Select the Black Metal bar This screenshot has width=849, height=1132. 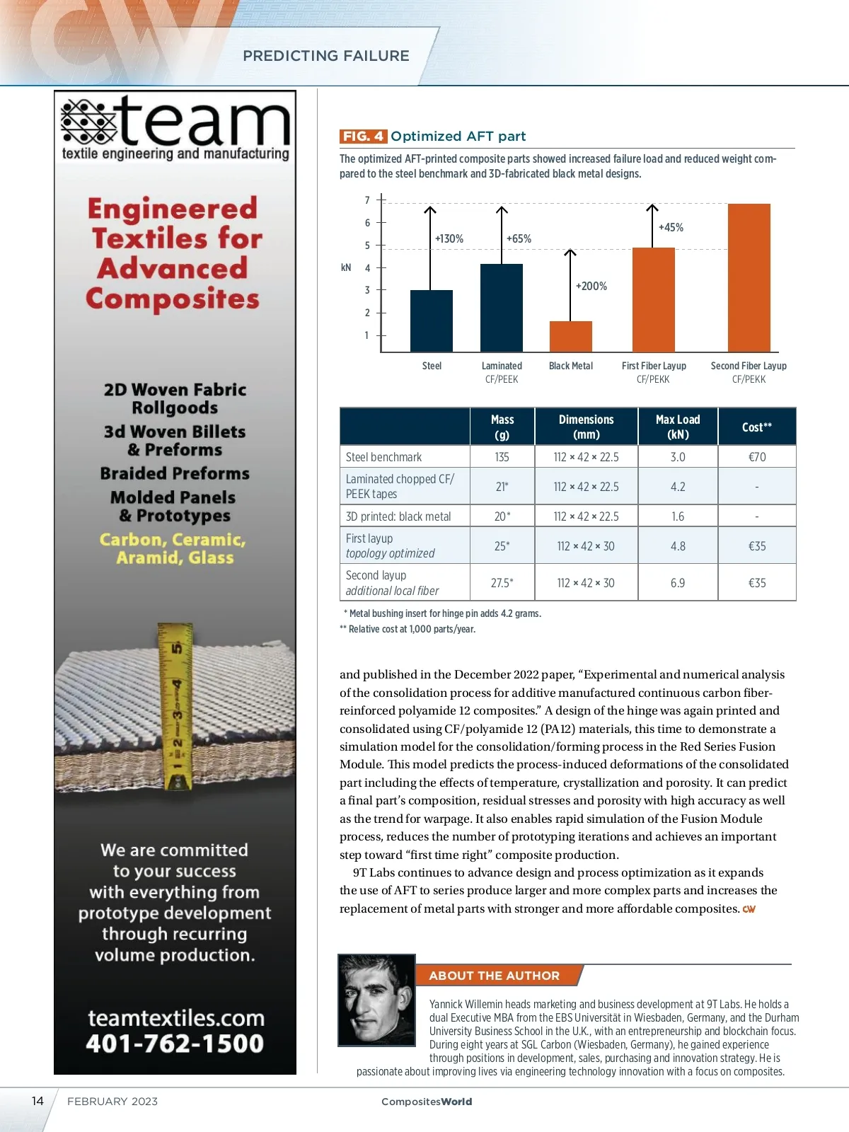pyautogui.click(x=570, y=337)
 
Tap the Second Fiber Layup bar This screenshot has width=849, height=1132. pyautogui.click(x=749, y=277)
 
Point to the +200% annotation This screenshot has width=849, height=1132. pyautogui.click(x=591, y=286)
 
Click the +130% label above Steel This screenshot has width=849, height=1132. pyautogui.click(x=449, y=239)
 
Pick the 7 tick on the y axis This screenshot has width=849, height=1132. pyautogui.click(x=367, y=200)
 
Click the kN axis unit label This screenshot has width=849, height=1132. pyautogui.click(x=346, y=267)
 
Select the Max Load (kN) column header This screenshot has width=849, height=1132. pyautogui.click(x=678, y=427)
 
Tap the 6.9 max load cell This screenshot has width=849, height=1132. pyautogui.click(x=678, y=582)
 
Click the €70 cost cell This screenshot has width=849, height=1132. pyautogui.click(x=757, y=457)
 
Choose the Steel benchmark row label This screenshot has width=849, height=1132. pyautogui.click(x=384, y=457)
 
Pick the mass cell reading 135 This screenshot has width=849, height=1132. pyautogui.click(x=502, y=457)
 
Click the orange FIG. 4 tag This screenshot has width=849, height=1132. pyautogui.click(x=363, y=136)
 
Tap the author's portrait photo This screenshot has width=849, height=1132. pyautogui.click(x=376, y=1000)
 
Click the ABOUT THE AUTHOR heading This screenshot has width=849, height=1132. pyautogui.click(x=494, y=976)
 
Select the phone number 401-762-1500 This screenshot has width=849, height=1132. pyautogui.click(x=175, y=1044)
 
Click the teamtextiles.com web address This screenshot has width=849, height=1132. pyautogui.click(x=176, y=1018)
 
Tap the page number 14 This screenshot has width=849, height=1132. pyautogui.click(x=37, y=1101)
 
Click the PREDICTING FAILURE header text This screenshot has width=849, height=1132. pyautogui.click(x=326, y=56)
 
